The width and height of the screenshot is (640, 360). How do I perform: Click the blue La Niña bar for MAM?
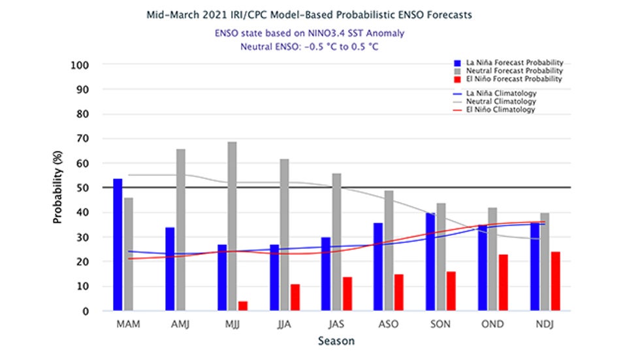pyautogui.click(x=118, y=245)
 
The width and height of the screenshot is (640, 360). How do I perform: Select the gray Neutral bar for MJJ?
pyautogui.click(x=232, y=226)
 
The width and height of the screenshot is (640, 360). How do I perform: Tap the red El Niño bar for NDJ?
pyautogui.click(x=555, y=282)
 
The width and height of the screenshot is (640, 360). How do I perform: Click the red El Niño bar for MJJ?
pyautogui.click(x=243, y=306)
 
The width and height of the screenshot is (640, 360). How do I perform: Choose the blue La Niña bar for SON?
pyautogui.click(x=430, y=262)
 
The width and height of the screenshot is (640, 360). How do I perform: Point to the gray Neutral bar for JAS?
pyautogui.click(x=336, y=242)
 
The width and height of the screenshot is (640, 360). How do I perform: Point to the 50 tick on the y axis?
pyautogui.click(x=84, y=188)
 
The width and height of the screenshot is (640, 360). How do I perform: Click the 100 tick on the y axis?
pyautogui.click(x=81, y=65)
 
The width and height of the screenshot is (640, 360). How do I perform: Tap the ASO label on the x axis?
pyautogui.click(x=388, y=324)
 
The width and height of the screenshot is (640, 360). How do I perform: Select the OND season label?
pyautogui.click(x=492, y=324)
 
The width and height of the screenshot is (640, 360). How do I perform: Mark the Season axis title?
pyautogui.click(x=336, y=341)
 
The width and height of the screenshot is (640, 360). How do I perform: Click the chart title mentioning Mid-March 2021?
pyautogui.click(x=319, y=15)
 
